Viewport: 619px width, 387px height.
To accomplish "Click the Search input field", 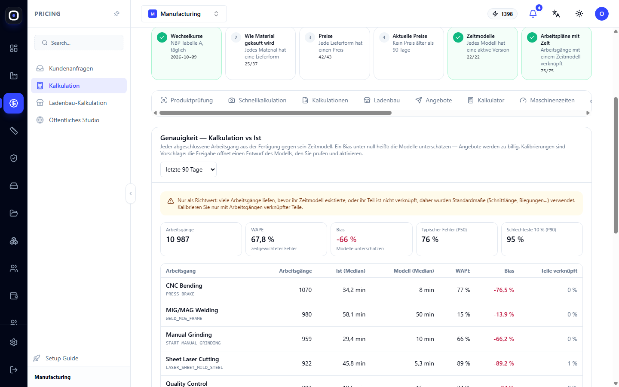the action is (x=79, y=43).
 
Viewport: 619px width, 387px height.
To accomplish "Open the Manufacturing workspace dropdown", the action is (x=184, y=14).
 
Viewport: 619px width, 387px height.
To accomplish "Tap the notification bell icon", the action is (x=533, y=14).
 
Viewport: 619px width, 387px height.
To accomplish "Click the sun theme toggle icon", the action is (x=579, y=14).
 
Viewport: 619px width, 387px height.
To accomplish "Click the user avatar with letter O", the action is (x=602, y=14).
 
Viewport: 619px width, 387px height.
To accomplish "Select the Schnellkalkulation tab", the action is (x=257, y=100).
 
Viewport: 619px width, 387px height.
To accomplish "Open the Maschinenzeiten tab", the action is (x=547, y=100).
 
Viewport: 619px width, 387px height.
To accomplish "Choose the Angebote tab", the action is (x=434, y=100).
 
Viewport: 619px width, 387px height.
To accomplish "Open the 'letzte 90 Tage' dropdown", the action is (x=188, y=169).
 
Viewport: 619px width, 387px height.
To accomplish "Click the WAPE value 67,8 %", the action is (x=263, y=240).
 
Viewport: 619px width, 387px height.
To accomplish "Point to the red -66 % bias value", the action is (x=346, y=240).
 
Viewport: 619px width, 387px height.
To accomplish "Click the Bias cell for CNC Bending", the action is (x=504, y=290).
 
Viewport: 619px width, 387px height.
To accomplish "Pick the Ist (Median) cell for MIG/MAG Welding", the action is (x=354, y=315).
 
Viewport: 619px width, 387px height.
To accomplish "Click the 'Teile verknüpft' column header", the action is (x=559, y=271).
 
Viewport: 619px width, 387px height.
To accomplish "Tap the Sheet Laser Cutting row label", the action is (x=192, y=359).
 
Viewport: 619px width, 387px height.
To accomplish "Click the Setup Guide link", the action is (x=61, y=358).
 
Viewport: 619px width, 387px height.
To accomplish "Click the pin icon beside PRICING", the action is (x=116, y=14).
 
